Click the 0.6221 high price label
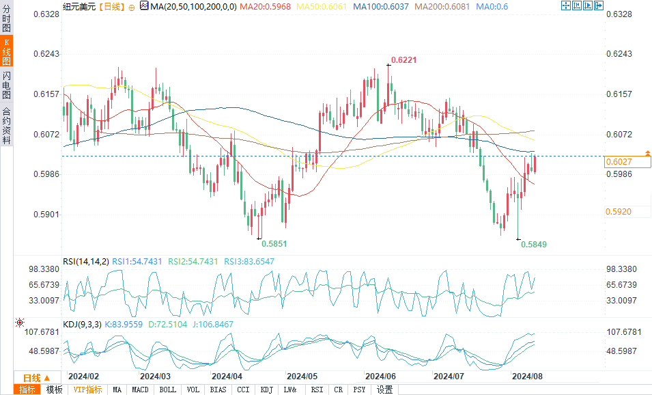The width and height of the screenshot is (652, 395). (403, 60)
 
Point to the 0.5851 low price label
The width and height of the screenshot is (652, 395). (273, 243)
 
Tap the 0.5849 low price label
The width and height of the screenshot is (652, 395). (534, 244)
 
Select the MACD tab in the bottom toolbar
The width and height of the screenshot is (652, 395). (140, 390)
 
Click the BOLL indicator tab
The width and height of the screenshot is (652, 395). (167, 390)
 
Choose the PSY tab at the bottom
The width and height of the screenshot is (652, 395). (359, 390)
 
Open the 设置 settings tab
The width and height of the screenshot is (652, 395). (384, 390)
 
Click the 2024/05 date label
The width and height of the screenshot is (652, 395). (302, 376)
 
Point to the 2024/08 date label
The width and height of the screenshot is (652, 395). (527, 376)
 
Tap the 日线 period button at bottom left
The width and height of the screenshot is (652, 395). (36, 378)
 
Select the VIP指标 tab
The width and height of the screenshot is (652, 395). (87, 390)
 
